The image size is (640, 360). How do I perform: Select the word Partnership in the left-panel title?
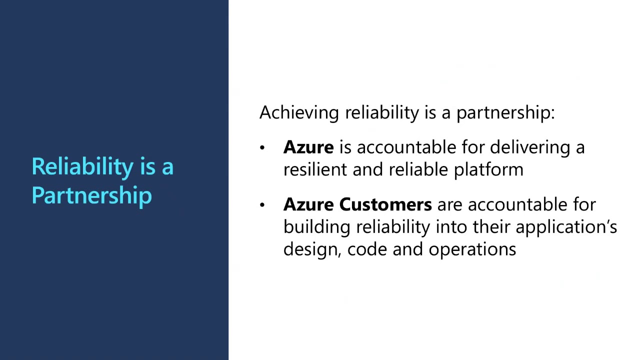click(x=91, y=195)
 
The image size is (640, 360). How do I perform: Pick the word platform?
click(x=488, y=170)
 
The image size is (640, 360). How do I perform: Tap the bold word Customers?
click(x=385, y=204)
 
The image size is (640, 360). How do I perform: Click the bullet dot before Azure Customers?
click(x=262, y=204)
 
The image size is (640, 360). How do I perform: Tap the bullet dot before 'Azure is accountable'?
click(x=262, y=147)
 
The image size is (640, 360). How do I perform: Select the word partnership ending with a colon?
click(x=505, y=113)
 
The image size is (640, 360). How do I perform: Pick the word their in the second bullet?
click(x=491, y=227)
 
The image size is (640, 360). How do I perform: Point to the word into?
click(x=451, y=227)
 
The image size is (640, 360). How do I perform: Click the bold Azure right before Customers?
click(x=308, y=204)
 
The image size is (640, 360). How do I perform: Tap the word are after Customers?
click(x=449, y=205)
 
